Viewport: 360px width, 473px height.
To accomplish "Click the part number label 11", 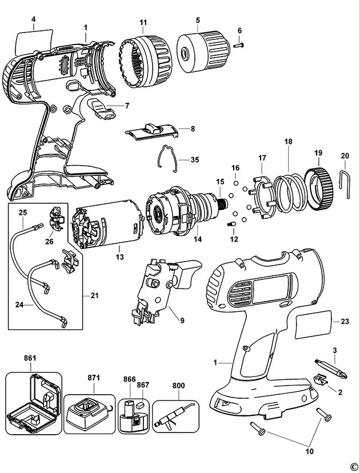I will (143, 22).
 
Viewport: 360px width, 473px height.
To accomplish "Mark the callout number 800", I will (178, 386).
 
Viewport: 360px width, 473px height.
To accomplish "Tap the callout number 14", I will (197, 239).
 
